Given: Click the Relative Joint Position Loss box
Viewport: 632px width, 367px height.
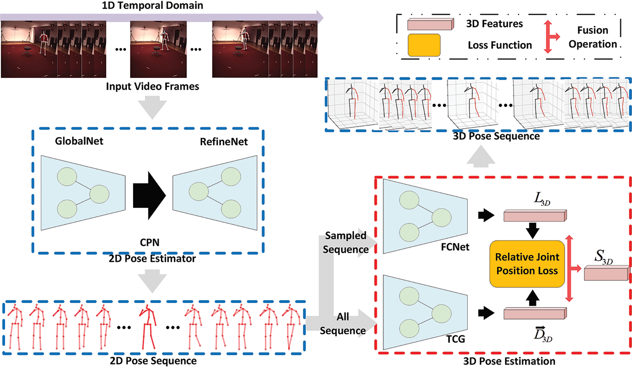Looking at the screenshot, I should point(527,264).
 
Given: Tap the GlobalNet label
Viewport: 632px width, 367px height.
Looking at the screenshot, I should point(79,141).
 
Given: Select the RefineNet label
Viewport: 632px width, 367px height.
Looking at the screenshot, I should point(224,142).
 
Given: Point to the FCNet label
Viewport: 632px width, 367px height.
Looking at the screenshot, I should point(455,247).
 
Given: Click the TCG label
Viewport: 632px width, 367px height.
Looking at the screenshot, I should point(455,339).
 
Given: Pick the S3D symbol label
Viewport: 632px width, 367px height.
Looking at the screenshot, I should point(603,257).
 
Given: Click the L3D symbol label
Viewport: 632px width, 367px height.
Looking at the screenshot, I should point(542,199).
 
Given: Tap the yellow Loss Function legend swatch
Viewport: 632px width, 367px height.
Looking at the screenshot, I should point(424,45).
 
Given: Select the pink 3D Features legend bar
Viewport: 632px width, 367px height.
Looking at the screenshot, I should point(430,24).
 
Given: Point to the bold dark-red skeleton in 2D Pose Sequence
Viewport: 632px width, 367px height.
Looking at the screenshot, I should point(148,327).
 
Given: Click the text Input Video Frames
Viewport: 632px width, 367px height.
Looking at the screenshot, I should point(152,87).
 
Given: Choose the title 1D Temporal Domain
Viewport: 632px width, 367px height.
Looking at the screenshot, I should point(152,5).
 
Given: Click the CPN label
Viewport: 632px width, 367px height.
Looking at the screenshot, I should point(150,242).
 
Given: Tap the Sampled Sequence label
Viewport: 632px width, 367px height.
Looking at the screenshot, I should point(346,243).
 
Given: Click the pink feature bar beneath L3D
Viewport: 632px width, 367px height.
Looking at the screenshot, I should point(535,216).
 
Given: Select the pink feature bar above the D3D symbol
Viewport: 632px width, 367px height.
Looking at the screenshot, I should point(535,313).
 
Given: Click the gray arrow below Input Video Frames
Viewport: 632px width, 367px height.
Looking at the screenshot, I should point(152,107).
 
